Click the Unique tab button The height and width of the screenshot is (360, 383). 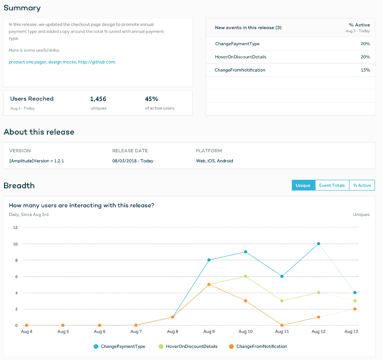(x=303, y=185)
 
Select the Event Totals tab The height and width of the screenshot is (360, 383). (x=332, y=185)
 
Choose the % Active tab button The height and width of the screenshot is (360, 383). (x=362, y=185)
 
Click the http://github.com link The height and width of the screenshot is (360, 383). (x=97, y=62)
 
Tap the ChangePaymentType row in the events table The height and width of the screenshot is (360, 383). (x=237, y=44)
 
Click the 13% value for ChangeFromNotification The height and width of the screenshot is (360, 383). (x=365, y=70)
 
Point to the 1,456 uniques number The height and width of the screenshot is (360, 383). (x=98, y=99)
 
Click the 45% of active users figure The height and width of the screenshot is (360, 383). (x=152, y=99)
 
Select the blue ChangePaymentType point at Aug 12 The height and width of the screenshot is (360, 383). (x=319, y=244)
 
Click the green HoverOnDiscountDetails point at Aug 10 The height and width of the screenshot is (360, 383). (x=245, y=276)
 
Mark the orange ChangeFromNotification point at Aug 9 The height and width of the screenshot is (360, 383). (x=209, y=284)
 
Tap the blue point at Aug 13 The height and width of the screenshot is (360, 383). (x=355, y=292)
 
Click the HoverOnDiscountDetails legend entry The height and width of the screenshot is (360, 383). (x=191, y=346)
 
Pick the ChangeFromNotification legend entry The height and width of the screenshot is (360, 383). (x=261, y=346)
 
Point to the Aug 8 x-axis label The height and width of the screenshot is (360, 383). (x=173, y=332)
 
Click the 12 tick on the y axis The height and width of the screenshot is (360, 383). (x=15, y=227)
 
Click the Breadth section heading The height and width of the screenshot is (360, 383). (x=19, y=186)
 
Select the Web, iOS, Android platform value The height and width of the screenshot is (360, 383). (x=214, y=161)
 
